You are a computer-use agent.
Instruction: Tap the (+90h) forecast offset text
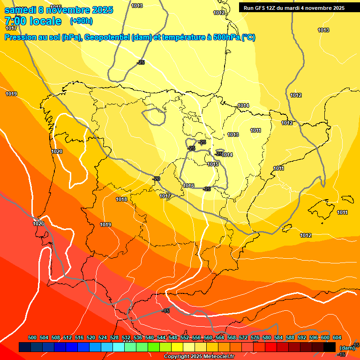coord(81,21)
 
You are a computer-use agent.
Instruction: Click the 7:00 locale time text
coord(33,21)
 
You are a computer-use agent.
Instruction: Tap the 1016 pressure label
coord(188,186)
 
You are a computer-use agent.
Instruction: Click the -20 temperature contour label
coord(156,179)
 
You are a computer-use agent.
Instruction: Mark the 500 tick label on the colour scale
coord(32,338)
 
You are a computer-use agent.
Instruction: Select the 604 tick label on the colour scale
coord(337,338)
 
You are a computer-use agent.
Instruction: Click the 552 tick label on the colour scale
coord(185,338)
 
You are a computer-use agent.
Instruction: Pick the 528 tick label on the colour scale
coord(114,338)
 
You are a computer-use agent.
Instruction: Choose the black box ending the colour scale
coord(329,347)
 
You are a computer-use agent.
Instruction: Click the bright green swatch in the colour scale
coord(142,347)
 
